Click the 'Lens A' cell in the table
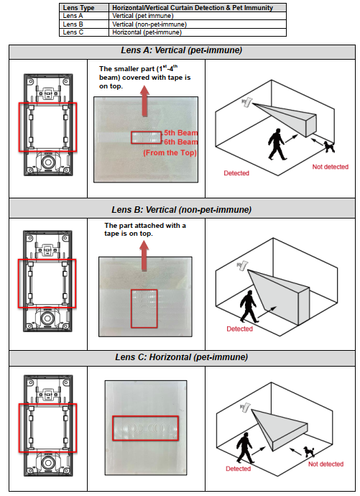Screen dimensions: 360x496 pyautogui.click(x=73, y=16)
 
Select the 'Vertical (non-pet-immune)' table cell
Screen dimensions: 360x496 pyautogui.click(x=149, y=24)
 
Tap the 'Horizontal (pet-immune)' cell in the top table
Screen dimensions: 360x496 pyautogui.click(x=147, y=32)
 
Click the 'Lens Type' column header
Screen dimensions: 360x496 pyautogui.click(x=78, y=8)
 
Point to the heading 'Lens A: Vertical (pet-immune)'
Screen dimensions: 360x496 pyautogui.click(x=181, y=50)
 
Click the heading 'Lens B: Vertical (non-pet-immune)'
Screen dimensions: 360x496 pyautogui.click(x=181, y=210)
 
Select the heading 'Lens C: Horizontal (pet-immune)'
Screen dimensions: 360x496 pyautogui.click(x=181, y=357)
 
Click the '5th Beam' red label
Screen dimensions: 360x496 pyautogui.click(x=181, y=133)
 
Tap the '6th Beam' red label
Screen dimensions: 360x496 pyautogui.click(x=181, y=142)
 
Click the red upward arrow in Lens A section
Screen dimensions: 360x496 pyautogui.click(x=144, y=101)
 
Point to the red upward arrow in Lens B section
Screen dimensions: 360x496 pyautogui.click(x=144, y=255)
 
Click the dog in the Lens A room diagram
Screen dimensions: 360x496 pyautogui.click(x=329, y=147)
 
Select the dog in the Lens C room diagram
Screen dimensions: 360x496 pyautogui.click(x=309, y=451)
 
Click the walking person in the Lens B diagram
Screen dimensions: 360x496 pyautogui.click(x=249, y=306)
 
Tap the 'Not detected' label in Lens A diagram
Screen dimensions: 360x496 pyautogui.click(x=331, y=167)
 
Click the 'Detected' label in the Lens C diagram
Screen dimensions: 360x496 pyautogui.click(x=238, y=469)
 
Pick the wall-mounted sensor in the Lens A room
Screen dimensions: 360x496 pyautogui.click(x=246, y=102)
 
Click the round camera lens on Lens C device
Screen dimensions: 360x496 pyautogui.click(x=48, y=463)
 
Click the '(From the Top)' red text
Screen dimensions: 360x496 pyautogui.click(x=170, y=153)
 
